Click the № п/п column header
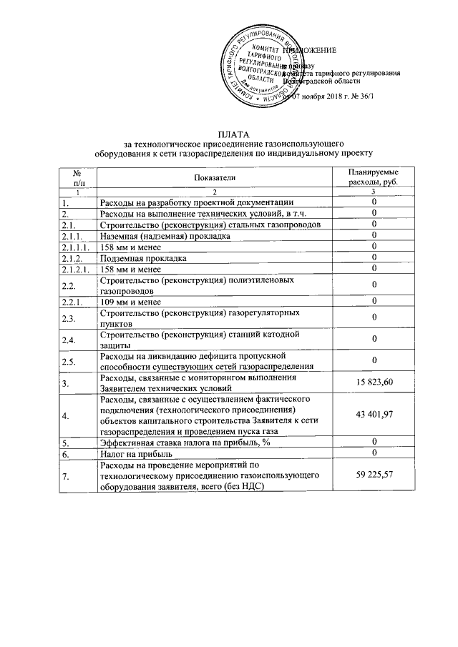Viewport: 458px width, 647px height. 78,177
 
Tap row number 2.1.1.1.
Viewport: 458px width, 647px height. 78,247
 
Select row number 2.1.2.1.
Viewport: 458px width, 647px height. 78,269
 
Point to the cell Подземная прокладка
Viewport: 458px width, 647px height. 144,257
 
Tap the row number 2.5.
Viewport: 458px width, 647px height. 69,360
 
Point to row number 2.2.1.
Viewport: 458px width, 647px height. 74,302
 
